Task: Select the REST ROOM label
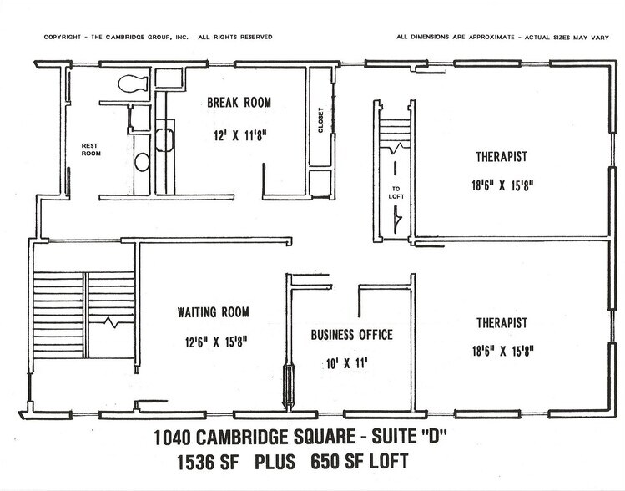pyautogui.click(x=90, y=149)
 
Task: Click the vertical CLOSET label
pyautogui.click(x=320, y=122)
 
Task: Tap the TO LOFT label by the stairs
pyautogui.click(x=396, y=191)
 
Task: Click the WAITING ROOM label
pyautogui.click(x=214, y=313)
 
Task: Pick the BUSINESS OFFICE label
pyautogui.click(x=351, y=336)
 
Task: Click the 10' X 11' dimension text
pyautogui.click(x=350, y=365)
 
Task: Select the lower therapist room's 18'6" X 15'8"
pyautogui.click(x=502, y=351)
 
